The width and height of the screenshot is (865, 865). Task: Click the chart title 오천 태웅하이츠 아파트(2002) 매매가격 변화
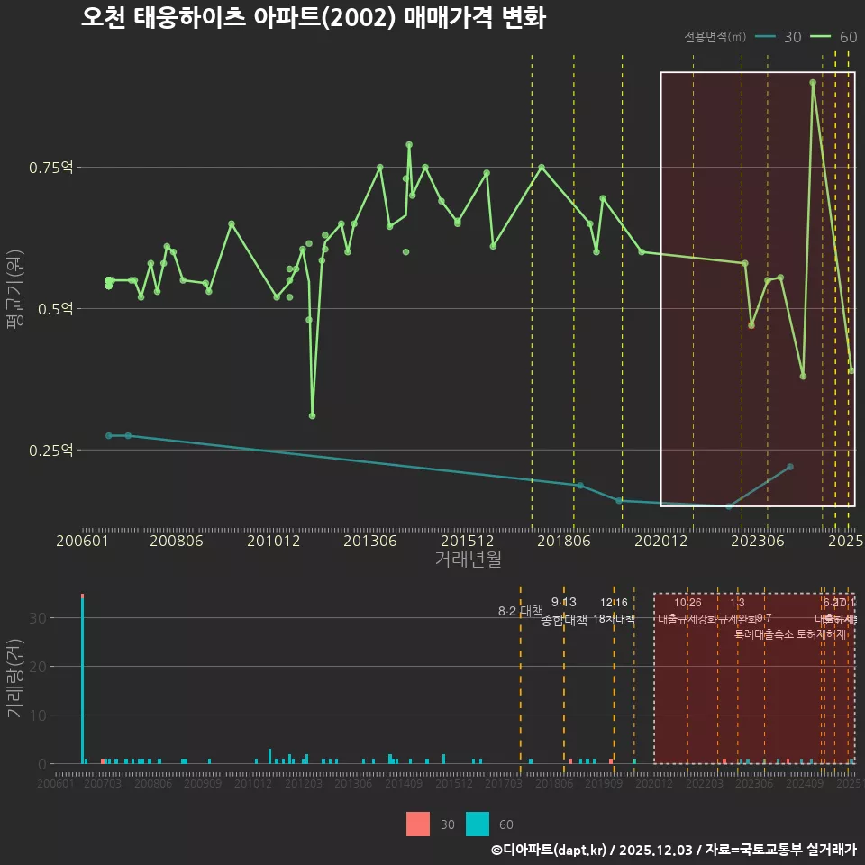click(313, 19)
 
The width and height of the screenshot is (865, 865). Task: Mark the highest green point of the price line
click(813, 82)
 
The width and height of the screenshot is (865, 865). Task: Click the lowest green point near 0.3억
click(312, 415)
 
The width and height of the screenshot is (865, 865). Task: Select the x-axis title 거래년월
click(468, 559)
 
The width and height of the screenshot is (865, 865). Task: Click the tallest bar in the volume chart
click(82, 678)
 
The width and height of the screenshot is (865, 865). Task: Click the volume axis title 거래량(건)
click(14, 678)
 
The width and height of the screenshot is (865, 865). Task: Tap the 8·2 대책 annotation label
click(520, 611)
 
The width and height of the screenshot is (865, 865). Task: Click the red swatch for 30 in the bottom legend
click(418, 824)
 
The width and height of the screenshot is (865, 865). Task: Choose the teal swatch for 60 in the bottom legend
click(478, 824)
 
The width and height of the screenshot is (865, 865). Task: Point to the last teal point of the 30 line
click(790, 467)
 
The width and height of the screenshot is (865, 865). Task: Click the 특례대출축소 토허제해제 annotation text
click(790, 633)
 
